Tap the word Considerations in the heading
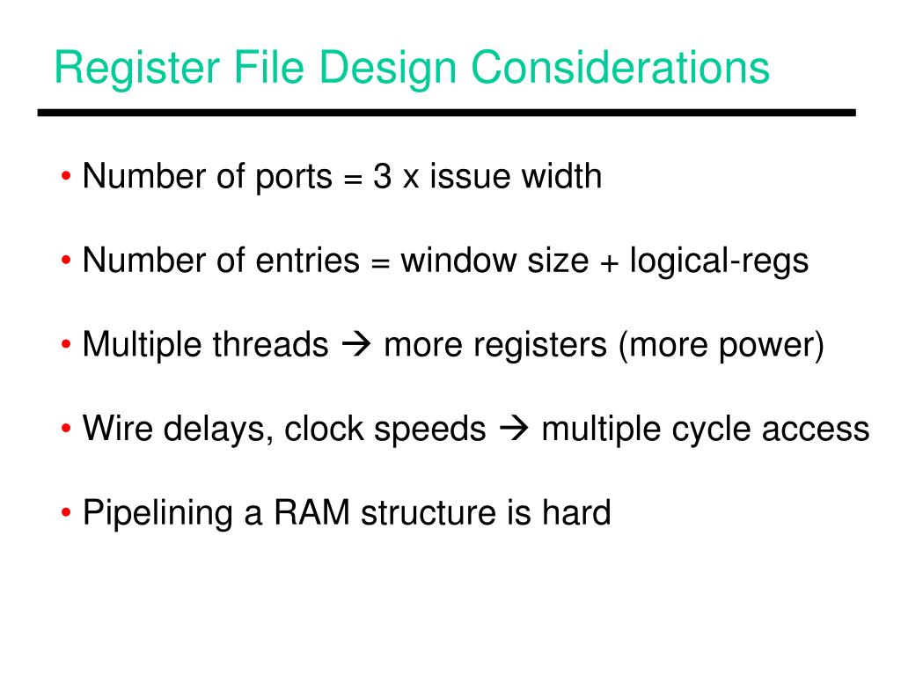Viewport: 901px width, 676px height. (x=619, y=69)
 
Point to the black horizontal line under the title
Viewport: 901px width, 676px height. (x=446, y=114)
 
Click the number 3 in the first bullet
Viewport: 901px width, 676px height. (x=382, y=177)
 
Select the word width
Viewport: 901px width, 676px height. (x=561, y=177)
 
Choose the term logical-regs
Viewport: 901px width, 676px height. (x=719, y=262)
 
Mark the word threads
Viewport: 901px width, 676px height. (x=269, y=345)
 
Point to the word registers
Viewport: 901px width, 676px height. (x=539, y=346)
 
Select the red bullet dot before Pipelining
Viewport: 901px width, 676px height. (x=68, y=513)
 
